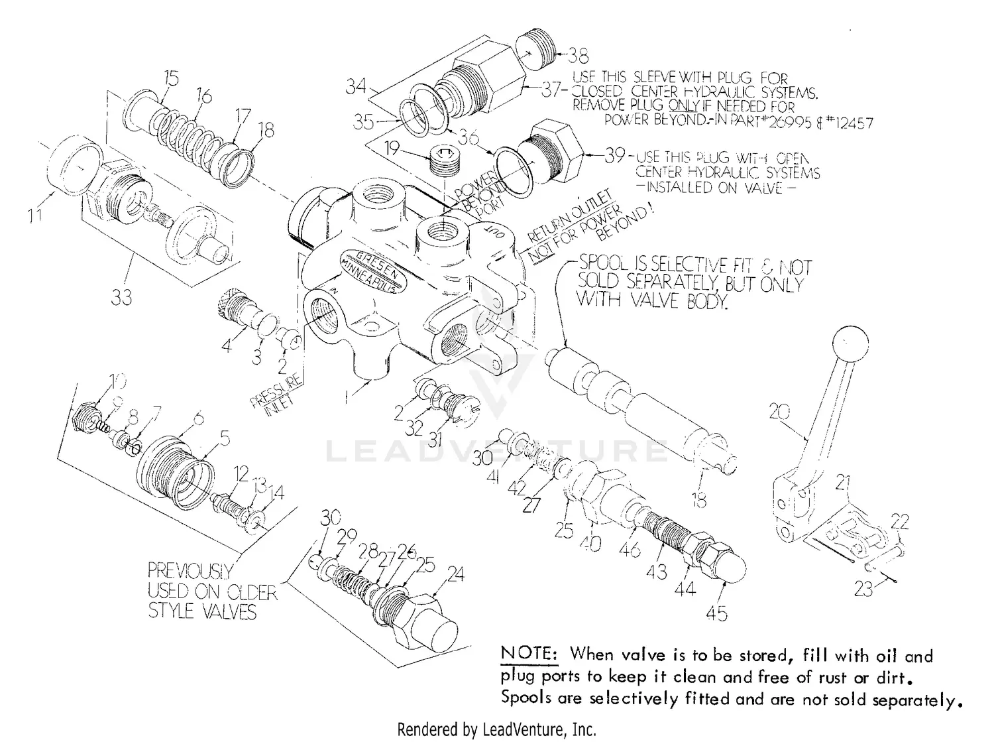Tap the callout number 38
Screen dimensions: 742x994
(578, 55)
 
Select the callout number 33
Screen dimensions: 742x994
(121, 298)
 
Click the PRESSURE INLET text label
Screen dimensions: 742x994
(277, 396)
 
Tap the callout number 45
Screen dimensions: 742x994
(716, 613)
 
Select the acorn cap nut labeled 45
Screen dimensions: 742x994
(729, 564)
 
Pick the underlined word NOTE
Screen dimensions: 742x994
(529, 653)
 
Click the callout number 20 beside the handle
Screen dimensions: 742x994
(780, 412)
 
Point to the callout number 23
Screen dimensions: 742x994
(863, 588)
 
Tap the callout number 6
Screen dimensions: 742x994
(197, 419)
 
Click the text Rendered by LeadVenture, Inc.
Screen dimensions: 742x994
(496, 730)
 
